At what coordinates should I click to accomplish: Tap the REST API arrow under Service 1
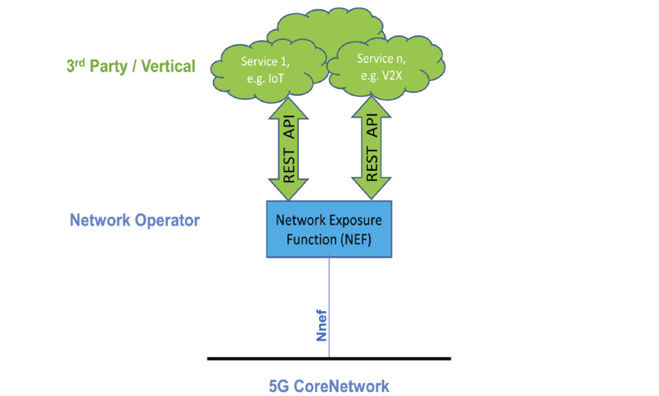point(290,151)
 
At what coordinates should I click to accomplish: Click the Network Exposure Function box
point(329,229)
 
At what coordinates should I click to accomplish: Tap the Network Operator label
point(135,220)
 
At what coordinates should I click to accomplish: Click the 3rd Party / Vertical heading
point(131,66)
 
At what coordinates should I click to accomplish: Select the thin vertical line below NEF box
point(330,294)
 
